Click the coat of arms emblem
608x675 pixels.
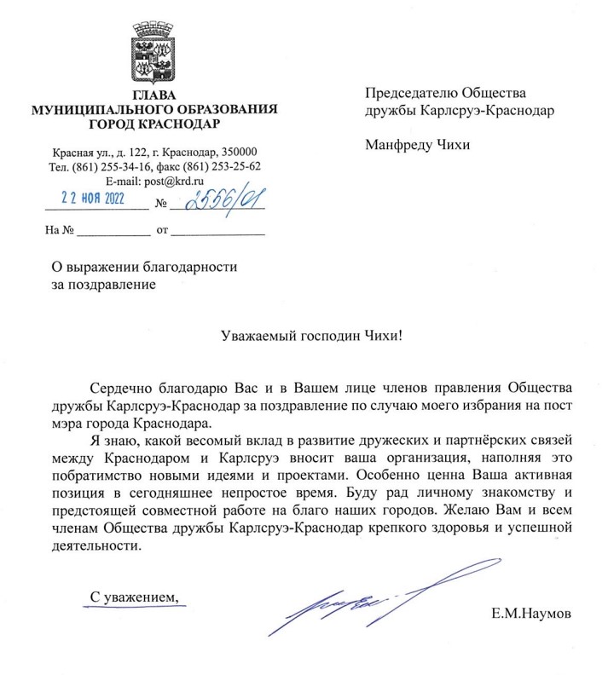(x=154, y=54)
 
